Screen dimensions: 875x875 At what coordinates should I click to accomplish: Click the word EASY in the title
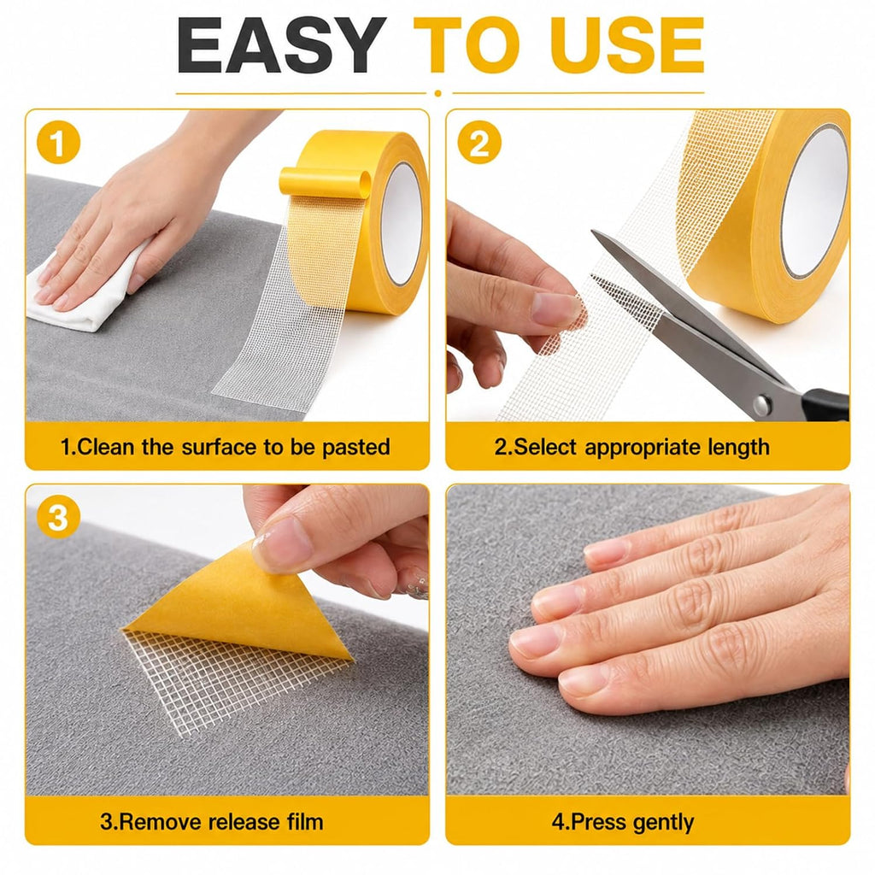coord(280,45)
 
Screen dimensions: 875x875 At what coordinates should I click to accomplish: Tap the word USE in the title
coord(628,45)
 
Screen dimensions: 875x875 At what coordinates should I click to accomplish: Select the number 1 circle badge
coord(58,143)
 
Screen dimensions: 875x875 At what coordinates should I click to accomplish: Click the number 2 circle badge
coord(479,143)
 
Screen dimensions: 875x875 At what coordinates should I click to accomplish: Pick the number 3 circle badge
coord(58,517)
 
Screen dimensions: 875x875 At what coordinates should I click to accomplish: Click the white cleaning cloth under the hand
coord(84,296)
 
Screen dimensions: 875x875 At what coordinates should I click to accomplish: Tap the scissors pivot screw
coord(762,404)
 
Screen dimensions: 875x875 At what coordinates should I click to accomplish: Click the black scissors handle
coord(826,404)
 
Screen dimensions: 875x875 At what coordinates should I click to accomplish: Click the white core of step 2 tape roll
coord(814,201)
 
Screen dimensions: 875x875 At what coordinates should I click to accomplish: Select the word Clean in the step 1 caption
coord(106,447)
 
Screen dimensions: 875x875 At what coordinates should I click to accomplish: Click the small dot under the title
coord(437,93)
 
